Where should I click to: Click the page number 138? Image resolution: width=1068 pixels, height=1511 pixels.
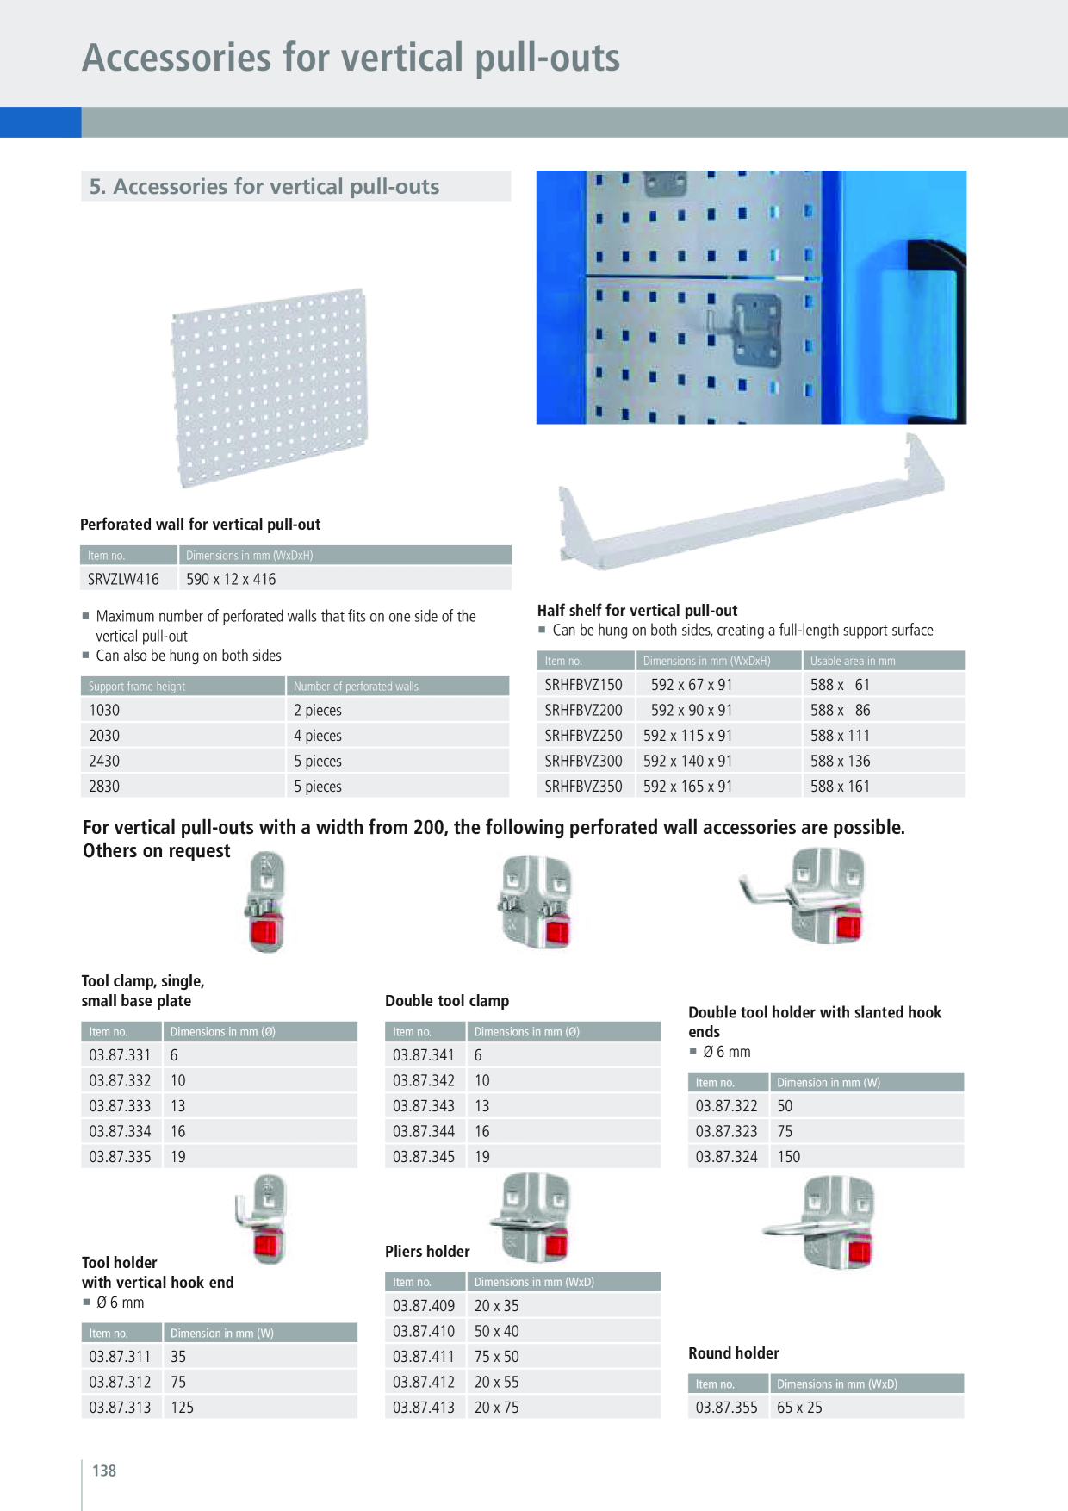point(104,1471)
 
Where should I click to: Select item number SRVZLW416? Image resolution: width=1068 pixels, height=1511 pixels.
point(123,579)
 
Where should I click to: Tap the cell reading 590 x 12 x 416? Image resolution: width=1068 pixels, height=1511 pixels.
point(231,579)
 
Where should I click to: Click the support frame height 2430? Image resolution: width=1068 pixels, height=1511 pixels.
point(104,761)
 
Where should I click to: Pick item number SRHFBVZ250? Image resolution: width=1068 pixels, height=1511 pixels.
point(583,736)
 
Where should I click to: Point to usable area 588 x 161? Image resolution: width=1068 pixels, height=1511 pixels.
point(840,787)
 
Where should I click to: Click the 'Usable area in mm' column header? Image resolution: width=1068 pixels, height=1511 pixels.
point(853,661)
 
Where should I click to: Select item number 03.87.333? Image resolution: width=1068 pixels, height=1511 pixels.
point(120,1106)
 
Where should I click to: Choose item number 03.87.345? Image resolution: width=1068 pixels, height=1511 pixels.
point(424,1157)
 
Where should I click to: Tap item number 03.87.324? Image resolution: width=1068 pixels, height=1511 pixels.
point(727,1157)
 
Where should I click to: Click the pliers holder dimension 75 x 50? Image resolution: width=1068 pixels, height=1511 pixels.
point(497,1357)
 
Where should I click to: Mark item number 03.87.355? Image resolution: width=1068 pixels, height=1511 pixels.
point(727,1408)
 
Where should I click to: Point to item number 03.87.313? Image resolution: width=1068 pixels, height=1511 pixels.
point(120,1408)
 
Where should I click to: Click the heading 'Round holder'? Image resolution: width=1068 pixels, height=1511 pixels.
point(734,1353)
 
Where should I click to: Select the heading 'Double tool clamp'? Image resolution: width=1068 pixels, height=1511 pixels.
point(447,1001)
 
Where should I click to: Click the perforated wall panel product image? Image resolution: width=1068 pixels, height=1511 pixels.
point(270,388)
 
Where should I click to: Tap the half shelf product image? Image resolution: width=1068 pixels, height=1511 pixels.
point(751,502)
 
